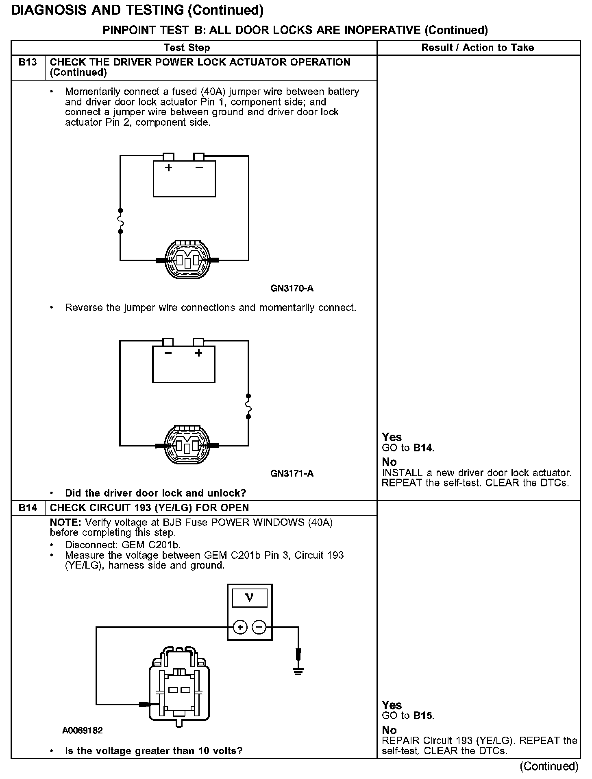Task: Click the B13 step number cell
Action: (28, 62)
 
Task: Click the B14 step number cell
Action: (28, 508)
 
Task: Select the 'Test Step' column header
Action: (187, 48)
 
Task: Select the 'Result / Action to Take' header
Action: (477, 48)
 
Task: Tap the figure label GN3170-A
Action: (292, 289)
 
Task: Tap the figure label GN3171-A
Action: (292, 473)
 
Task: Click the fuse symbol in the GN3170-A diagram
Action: (120, 221)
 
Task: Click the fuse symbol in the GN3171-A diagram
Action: (248, 406)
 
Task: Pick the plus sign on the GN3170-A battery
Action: (168, 167)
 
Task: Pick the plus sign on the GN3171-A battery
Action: (198, 353)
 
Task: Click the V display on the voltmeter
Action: (249, 598)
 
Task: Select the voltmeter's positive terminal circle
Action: (240, 627)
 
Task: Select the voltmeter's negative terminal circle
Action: (259, 627)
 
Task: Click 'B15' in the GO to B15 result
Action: (423, 716)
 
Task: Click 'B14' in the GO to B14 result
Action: (423, 448)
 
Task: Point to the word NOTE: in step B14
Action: (65, 522)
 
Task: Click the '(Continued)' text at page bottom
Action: (549, 766)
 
